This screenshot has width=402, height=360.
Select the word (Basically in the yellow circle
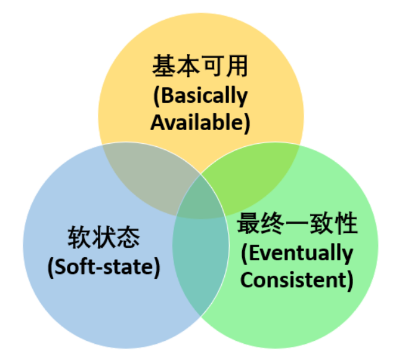coord(201,96)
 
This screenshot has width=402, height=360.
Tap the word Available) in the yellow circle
coord(201,122)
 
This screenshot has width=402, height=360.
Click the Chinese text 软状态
coord(103,237)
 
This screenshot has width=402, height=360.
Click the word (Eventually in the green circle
coord(297,252)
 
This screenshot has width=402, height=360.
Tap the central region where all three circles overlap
coord(201,197)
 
